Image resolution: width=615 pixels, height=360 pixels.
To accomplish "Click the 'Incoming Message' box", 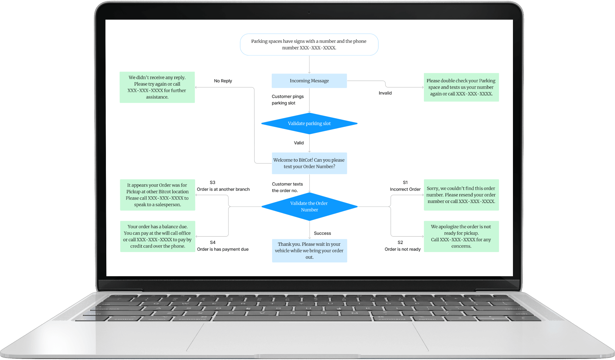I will (x=309, y=81).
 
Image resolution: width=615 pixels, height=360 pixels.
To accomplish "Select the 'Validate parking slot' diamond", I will (x=309, y=123).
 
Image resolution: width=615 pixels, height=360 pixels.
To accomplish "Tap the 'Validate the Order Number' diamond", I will (x=309, y=206).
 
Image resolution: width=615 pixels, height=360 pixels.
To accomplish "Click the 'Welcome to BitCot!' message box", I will (x=309, y=163).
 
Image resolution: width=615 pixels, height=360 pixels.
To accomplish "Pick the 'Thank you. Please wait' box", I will (x=309, y=251).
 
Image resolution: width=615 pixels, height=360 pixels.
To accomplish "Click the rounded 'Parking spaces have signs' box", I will (x=309, y=45).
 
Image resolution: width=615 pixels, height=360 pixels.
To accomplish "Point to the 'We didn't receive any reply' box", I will (x=157, y=87).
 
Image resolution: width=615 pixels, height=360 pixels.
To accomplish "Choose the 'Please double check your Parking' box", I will (x=461, y=87).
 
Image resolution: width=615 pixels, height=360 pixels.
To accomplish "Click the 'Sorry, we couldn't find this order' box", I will (x=461, y=195).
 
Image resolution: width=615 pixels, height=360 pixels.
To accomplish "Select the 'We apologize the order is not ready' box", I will (x=461, y=236).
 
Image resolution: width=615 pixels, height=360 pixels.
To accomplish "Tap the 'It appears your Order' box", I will (x=157, y=195).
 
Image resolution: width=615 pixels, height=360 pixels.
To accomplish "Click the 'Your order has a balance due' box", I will (x=157, y=236).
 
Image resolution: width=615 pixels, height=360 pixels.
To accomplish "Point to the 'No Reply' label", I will (x=223, y=81).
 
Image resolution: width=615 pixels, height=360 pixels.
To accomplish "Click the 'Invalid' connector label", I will (x=385, y=93).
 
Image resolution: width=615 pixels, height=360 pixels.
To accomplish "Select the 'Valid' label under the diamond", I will (x=299, y=143).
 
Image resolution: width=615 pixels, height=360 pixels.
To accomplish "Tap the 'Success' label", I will (x=322, y=233).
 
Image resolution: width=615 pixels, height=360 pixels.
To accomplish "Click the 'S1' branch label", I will (x=405, y=183).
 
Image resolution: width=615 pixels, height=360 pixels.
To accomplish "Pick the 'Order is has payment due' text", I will (x=223, y=249).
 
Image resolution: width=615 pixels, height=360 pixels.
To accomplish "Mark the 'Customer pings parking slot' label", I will (x=288, y=100).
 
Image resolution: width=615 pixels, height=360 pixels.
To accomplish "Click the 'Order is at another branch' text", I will (x=223, y=189).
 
